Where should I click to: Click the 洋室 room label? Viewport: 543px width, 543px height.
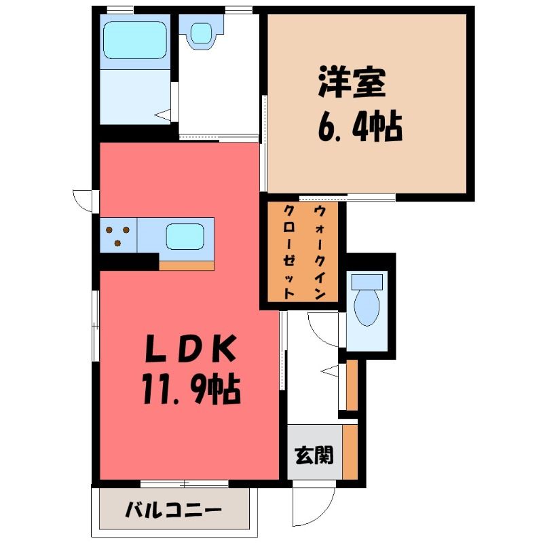pos(352,81)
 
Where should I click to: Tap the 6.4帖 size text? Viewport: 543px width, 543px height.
pos(360,127)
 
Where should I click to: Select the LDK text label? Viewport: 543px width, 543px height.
pos(190,348)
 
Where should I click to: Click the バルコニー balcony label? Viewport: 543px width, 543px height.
pos(173,510)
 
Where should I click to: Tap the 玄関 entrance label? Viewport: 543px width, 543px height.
pos(314,455)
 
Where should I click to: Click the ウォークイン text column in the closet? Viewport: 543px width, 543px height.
pos(320,252)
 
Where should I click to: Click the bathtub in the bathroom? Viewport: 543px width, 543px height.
pos(135,40)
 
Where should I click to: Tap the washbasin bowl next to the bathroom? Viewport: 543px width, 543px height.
pos(201,33)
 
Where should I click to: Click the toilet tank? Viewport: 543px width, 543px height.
pos(367,282)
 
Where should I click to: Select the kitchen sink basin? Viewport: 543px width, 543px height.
pos(185,236)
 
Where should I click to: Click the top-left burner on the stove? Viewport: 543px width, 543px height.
pos(109,230)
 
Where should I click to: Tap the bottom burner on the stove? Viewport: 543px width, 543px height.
pos(117,243)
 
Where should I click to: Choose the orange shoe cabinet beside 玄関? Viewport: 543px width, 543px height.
pos(350,452)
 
